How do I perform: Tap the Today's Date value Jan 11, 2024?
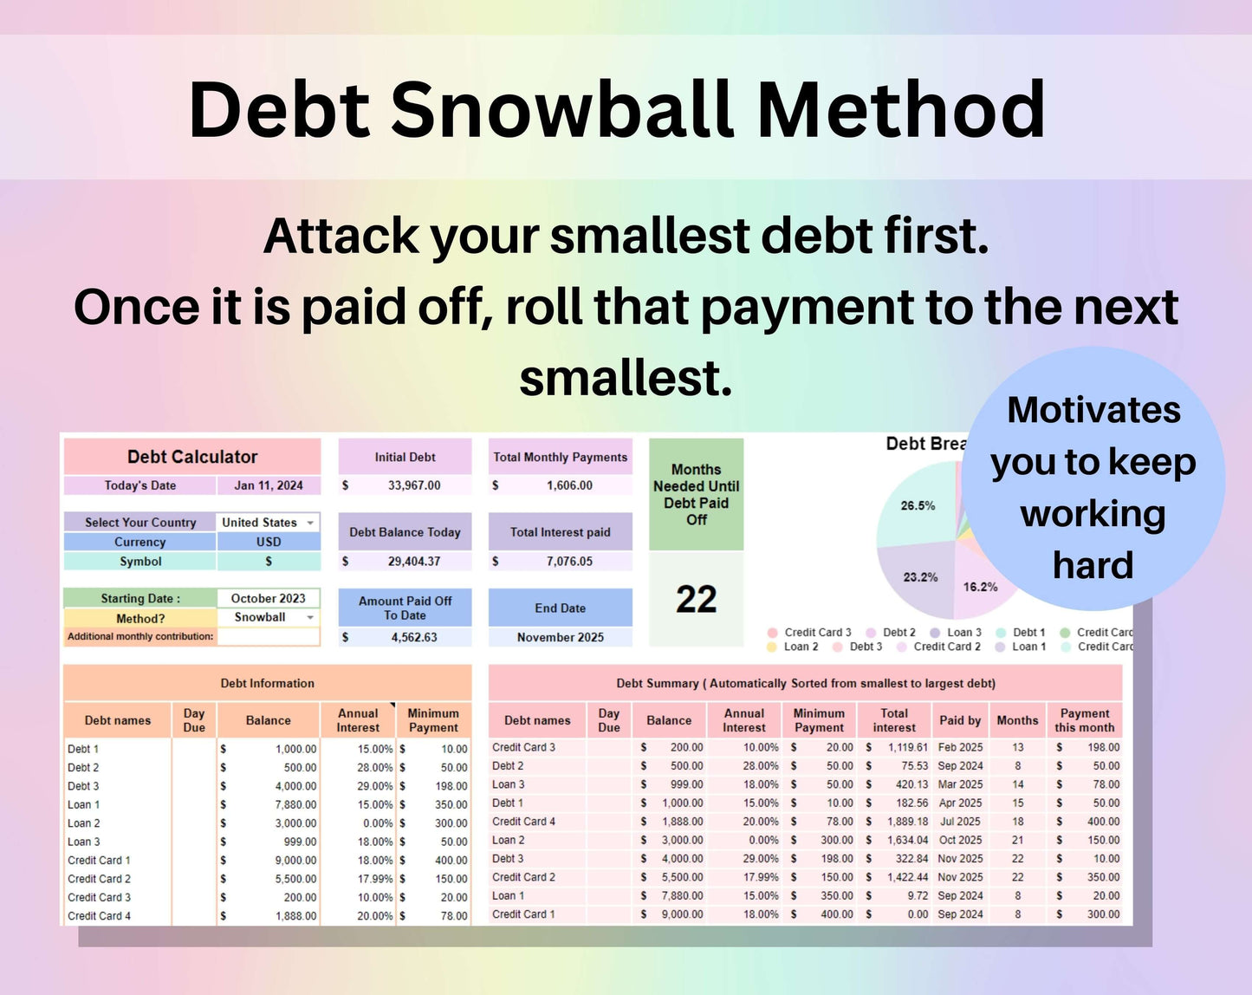point(269,485)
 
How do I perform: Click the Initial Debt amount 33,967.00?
point(413,485)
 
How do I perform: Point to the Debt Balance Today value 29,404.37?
point(413,562)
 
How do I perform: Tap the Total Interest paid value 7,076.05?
point(568,562)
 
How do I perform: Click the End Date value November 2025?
point(560,637)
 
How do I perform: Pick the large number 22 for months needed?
point(696,599)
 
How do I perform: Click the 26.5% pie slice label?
point(918,505)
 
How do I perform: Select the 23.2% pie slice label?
point(920,577)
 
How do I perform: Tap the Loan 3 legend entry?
point(963,633)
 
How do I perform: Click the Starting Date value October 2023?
point(268,598)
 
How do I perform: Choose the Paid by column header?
point(960,720)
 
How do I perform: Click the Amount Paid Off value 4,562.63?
point(413,637)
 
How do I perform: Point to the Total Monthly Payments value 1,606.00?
point(568,485)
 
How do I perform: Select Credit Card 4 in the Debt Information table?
point(100,915)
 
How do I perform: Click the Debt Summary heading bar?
point(805,683)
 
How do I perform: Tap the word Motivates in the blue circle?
point(1093,410)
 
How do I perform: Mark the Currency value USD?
point(269,542)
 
